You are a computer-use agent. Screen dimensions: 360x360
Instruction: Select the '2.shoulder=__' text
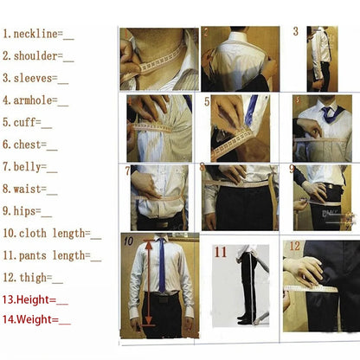(38, 56)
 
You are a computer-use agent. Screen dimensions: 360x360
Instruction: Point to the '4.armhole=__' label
(38, 100)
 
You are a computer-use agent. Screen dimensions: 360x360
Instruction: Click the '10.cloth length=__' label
(51, 233)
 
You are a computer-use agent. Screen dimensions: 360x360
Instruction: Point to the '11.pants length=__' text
(51, 255)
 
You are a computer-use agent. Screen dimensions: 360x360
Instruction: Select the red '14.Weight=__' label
(36, 320)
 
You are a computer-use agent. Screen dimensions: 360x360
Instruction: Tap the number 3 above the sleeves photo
(295, 32)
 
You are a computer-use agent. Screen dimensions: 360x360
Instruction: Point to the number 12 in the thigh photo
(294, 247)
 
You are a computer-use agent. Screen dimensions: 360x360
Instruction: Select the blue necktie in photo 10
(161, 264)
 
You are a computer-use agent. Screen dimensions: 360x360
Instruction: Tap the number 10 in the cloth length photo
(128, 241)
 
